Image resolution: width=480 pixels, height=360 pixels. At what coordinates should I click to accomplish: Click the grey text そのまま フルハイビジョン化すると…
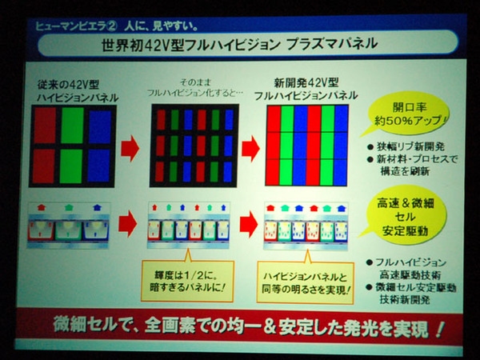[x=197, y=89]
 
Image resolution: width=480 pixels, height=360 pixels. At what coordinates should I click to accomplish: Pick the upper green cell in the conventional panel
[x=72, y=125]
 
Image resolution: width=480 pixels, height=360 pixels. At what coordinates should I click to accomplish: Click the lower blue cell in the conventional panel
[x=100, y=165]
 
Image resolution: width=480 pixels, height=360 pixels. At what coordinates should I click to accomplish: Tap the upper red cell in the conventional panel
[x=45, y=125]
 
